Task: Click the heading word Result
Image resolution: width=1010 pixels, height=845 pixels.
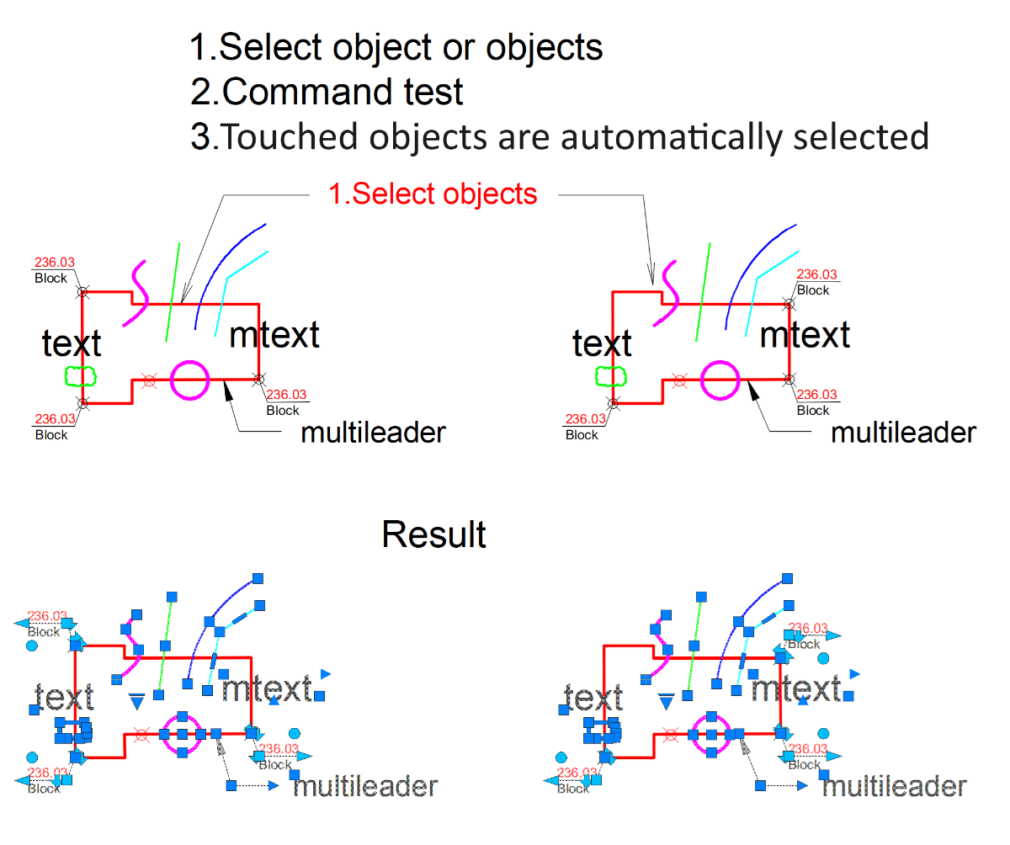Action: coord(433,535)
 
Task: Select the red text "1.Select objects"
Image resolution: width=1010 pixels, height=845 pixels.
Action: coord(433,194)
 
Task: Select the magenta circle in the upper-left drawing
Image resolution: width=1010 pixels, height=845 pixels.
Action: coord(189,380)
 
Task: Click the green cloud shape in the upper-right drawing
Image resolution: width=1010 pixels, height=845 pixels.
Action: coord(603,375)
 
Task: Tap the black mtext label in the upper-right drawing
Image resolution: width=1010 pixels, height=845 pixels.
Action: coord(805,335)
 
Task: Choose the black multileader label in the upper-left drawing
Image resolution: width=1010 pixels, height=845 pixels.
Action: coord(373,433)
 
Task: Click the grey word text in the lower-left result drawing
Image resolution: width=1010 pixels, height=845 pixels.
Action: coord(64,697)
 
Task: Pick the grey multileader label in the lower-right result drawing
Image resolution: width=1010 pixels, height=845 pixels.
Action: coord(894,787)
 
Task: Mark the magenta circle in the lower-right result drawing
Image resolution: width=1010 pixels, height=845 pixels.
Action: coord(712,734)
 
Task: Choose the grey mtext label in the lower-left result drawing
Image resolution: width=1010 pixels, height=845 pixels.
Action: coord(266,689)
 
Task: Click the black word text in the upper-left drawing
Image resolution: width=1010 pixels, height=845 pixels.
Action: coord(72,343)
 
